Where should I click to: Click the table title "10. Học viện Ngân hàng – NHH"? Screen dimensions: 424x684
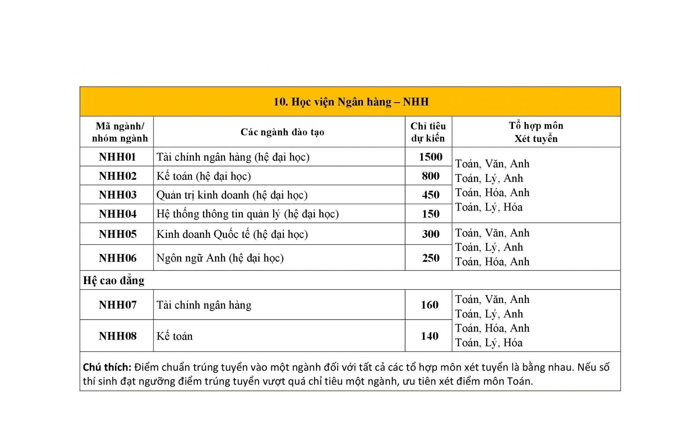[x=351, y=102]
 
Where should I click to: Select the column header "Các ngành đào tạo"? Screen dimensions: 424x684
[x=282, y=132]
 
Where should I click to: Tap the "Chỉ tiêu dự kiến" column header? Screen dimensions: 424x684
[x=428, y=132]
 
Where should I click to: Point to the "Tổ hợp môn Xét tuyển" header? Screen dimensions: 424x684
[x=536, y=132]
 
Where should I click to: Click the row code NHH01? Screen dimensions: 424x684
[x=117, y=157]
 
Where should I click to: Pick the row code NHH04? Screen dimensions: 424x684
[x=117, y=213]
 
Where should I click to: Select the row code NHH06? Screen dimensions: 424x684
[x=117, y=258]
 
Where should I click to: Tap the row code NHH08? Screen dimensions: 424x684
[x=117, y=336]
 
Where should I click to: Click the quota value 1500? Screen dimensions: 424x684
[x=430, y=157]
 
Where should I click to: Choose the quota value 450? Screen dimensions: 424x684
[x=430, y=195]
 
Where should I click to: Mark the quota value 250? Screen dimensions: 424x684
[x=430, y=258]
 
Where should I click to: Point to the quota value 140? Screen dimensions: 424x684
[x=429, y=336]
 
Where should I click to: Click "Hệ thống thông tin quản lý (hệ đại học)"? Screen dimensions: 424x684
[x=247, y=213]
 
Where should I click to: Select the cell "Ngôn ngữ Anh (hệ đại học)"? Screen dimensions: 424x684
[x=220, y=258]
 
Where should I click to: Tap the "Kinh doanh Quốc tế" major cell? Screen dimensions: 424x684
[x=232, y=234]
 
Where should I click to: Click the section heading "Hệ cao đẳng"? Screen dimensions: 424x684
[x=113, y=280]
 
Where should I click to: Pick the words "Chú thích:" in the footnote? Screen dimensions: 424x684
[x=106, y=367]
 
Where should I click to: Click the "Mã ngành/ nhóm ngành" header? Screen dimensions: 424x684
[x=119, y=132]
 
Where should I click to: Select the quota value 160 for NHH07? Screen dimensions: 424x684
[x=429, y=305]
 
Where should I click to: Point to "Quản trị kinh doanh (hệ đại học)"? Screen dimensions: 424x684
[x=232, y=195]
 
